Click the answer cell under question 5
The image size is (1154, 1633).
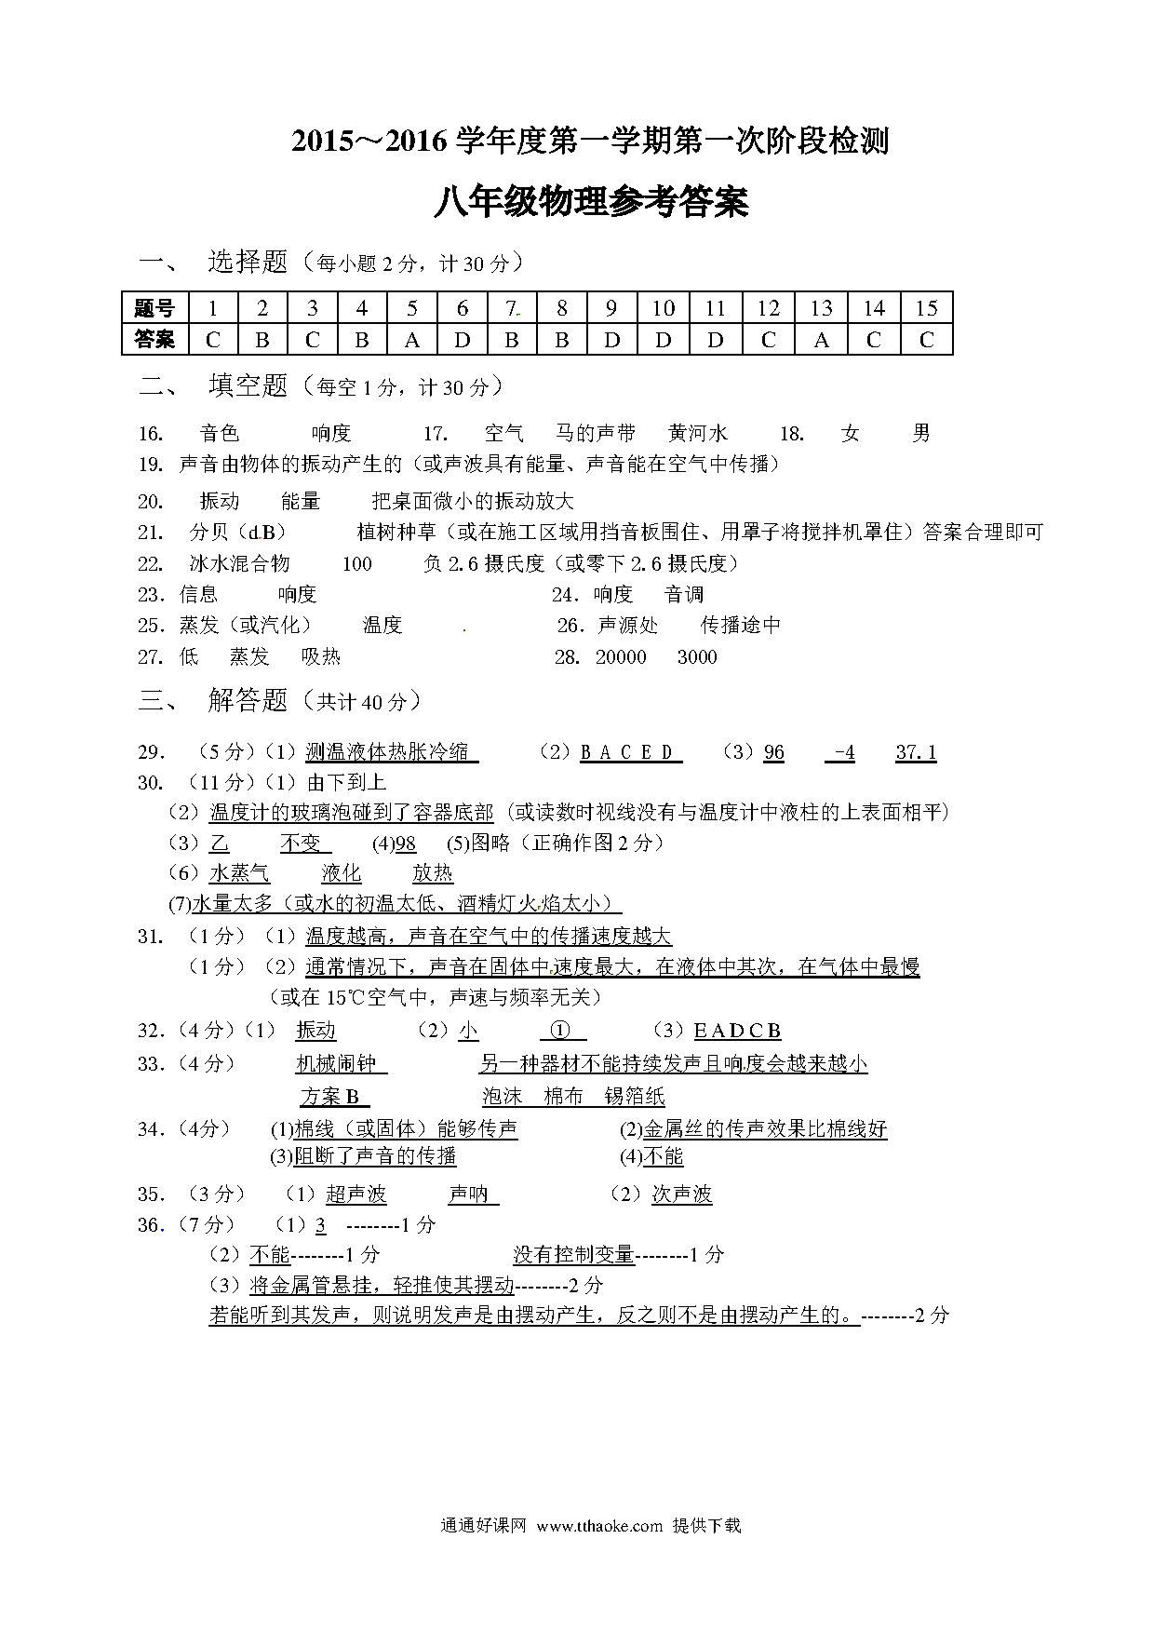(x=411, y=340)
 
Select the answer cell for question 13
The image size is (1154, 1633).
(x=821, y=340)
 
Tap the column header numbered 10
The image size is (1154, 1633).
(x=663, y=309)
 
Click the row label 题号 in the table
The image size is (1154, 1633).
(x=154, y=309)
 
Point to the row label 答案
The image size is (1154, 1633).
(x=154, y=340)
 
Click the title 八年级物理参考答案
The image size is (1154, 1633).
(x=591, y=201)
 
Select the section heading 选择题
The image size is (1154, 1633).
(x=248, y=263)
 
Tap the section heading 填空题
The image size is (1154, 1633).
(x=248, y=385)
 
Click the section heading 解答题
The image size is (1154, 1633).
(x=248, y=700)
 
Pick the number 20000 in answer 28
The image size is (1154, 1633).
(x=621, y=657)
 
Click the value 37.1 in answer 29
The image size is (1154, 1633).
(x=916, y=752)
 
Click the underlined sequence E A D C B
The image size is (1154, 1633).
(x=737, y=1031)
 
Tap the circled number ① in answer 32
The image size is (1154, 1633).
(x=560, y=1031)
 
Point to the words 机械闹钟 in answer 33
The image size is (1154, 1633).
(x=335, y=1063)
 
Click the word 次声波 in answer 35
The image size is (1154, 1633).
(x=681, y=1194)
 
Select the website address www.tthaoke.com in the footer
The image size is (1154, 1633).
(x=599, y=1526)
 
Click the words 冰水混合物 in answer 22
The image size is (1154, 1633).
(x=240, y=564)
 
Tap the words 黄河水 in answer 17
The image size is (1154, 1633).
(x=698, y=433)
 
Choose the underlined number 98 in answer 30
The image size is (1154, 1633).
(x=406, y=843)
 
